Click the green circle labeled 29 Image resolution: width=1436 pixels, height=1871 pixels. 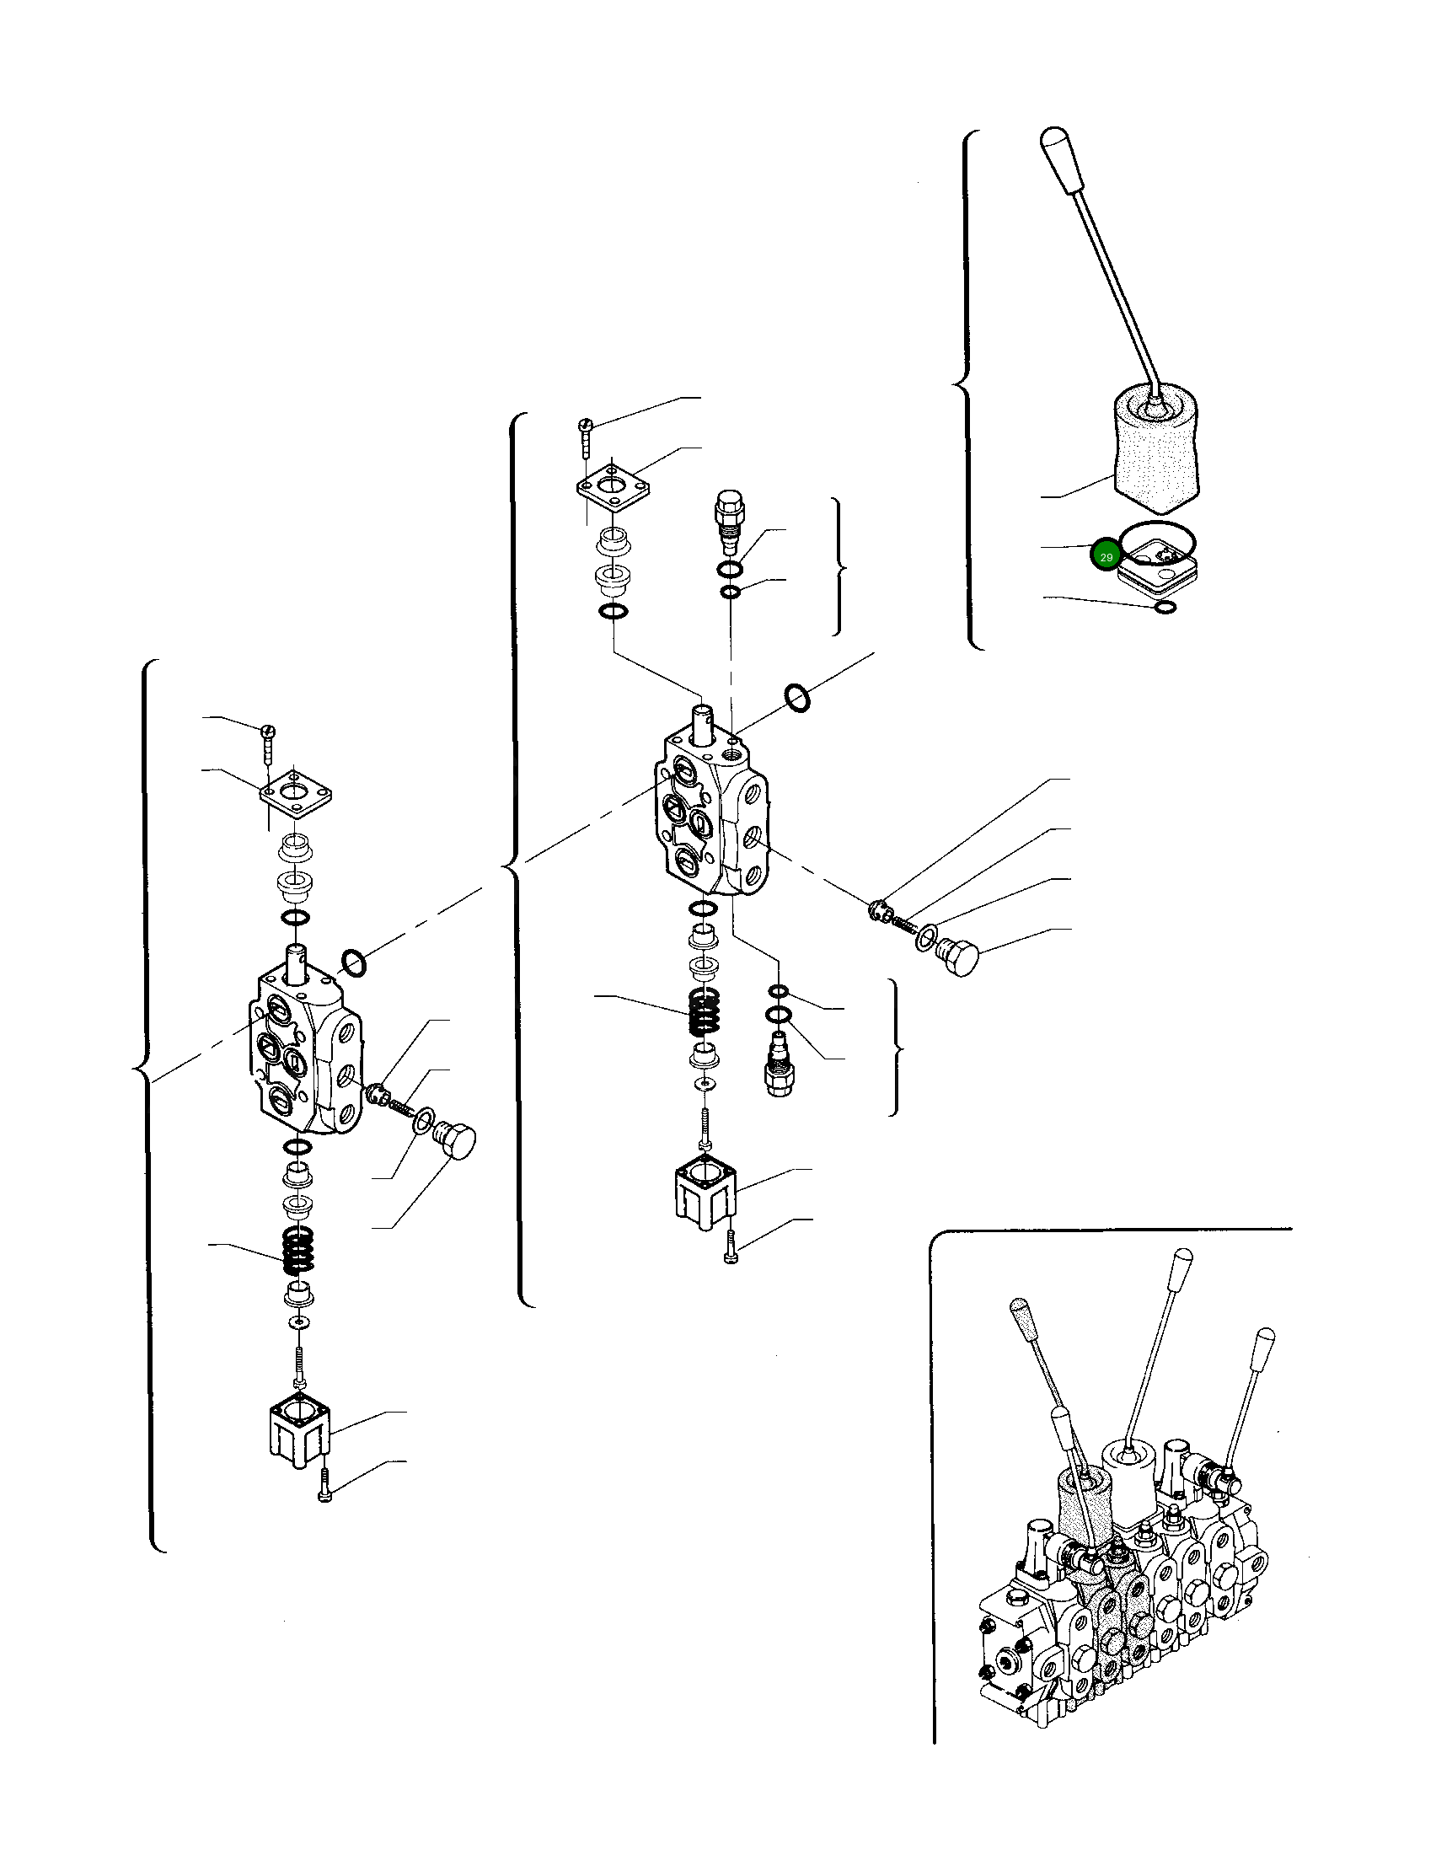1105,556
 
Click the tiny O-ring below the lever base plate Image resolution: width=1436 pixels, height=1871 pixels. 1164,607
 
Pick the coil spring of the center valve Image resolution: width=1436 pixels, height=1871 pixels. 704,1012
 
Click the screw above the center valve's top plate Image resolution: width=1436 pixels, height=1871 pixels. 587,436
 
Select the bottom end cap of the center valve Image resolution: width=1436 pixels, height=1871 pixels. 705,1192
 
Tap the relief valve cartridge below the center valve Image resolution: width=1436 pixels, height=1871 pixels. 779,1064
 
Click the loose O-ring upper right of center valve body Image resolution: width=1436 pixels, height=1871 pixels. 796,699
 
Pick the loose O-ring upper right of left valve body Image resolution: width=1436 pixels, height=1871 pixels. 354,963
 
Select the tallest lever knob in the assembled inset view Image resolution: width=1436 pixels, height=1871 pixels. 1181,1262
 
